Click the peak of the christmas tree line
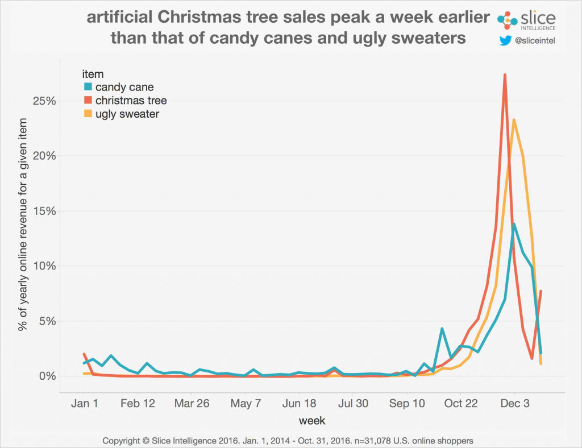(x=505, y=75)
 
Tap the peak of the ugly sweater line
(x=514, y=120)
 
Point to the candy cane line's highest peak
(x=514, y=224)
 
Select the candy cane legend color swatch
(x=88, y=87)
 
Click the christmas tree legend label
(x=130, y=101)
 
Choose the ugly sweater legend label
(x=127, y=114)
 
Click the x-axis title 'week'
(x=312, y=421)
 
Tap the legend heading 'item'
(x=92, y=73)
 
